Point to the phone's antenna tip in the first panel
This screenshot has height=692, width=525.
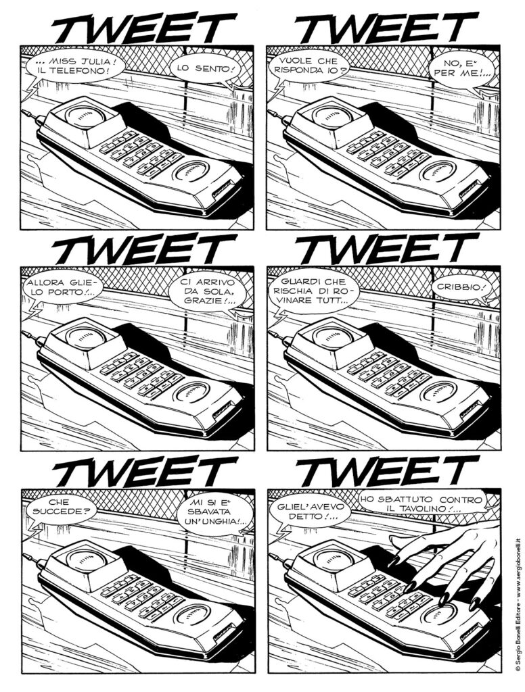[24, 112]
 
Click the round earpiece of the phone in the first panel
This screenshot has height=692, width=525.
[86, 115]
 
